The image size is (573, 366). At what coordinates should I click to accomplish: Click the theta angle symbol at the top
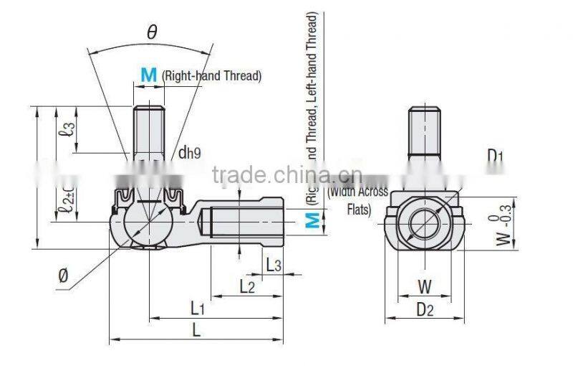coord(152,32)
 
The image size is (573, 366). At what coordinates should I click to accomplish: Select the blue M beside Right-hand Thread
coord(148,75)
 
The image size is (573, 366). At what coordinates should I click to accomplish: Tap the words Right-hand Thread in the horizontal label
coord(211,75)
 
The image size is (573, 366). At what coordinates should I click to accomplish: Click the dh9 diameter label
coord(189,151)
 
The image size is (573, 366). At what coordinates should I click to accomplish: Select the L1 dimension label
coord(198,307)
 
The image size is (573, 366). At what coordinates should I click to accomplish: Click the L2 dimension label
coord(247,286)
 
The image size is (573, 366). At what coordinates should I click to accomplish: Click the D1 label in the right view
coord(496,156)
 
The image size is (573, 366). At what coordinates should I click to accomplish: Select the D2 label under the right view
coord(425,309)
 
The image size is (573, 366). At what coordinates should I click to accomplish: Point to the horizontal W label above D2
coord(425,287)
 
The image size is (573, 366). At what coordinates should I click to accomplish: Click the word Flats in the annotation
coord(357,210)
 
